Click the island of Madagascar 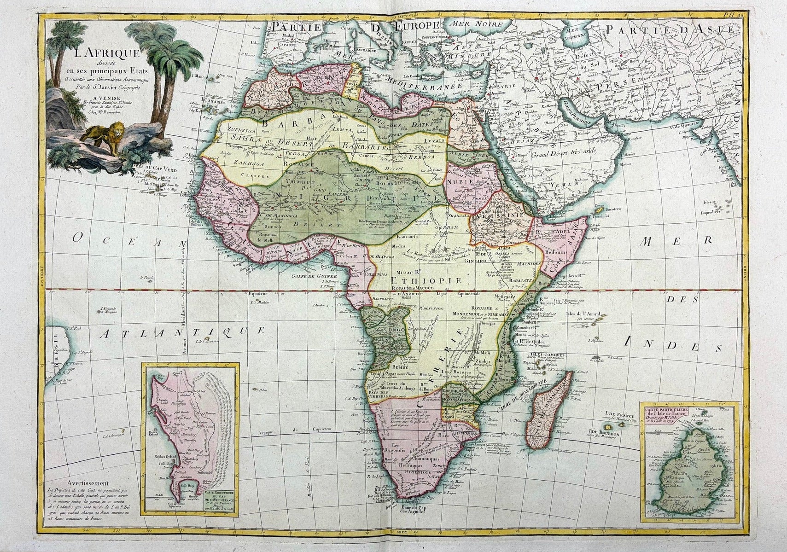click(x=548, y=414)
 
